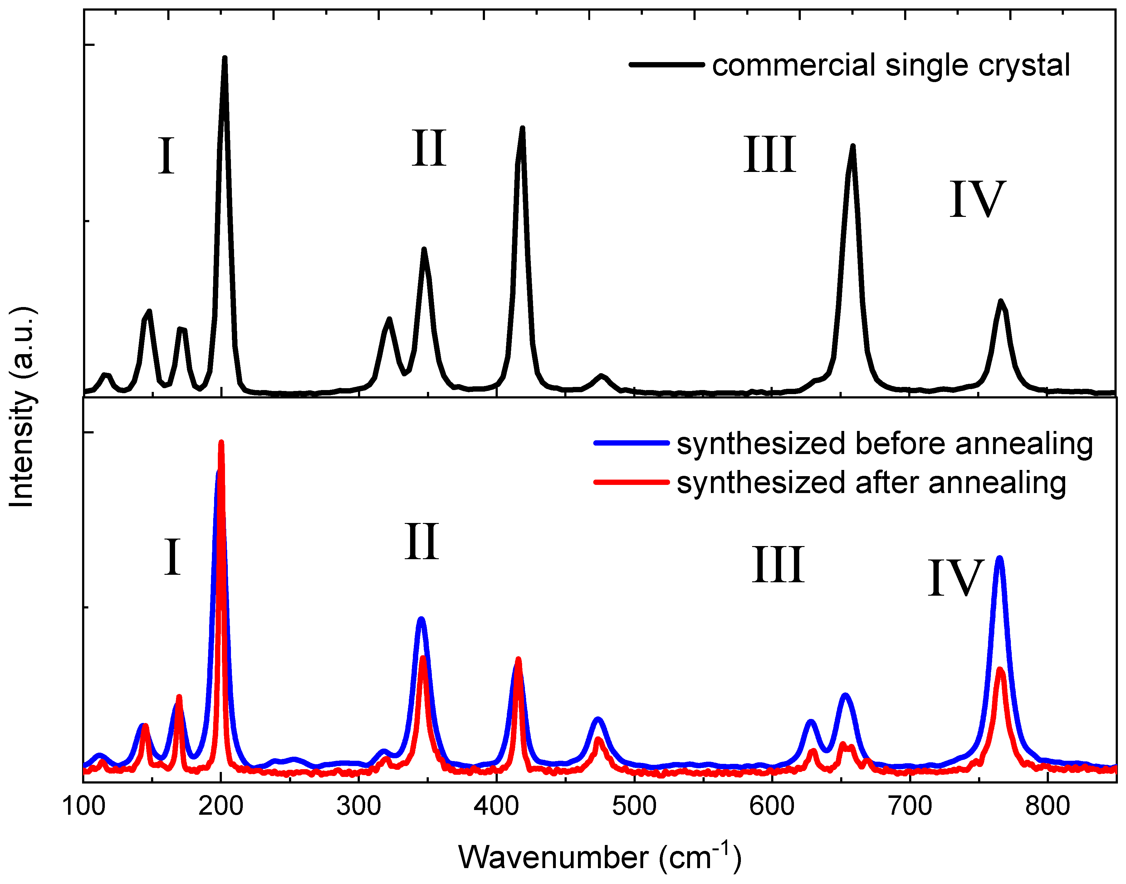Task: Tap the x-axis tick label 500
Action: pos(634,806)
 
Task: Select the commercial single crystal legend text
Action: pos(890,66)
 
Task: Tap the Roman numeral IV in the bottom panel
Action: pos(956,579)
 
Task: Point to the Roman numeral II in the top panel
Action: pos(429,149)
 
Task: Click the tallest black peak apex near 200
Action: pos(224,58)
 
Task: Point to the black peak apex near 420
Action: pos(522,128)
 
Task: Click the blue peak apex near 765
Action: pos(1000,558)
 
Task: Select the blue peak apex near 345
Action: pos(421,618)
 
